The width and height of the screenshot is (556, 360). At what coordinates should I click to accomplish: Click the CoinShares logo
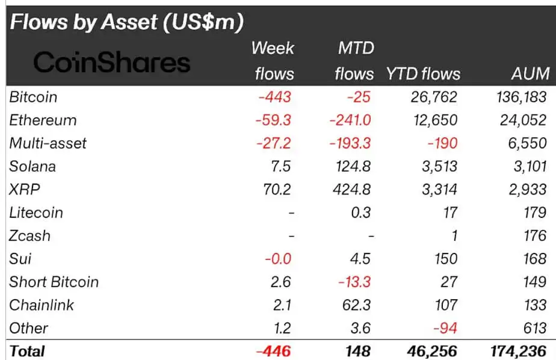tap(111, 62)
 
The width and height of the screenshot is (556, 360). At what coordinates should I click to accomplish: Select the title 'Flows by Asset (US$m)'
tap(126, 22)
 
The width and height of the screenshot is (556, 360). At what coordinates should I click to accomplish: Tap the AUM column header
tap(529, 73)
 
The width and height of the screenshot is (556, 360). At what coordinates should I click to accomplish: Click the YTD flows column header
tap(422, 73)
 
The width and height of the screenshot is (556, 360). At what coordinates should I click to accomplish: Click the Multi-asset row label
tap(48, 143)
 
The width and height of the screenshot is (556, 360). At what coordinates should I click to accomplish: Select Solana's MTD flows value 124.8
tap(352, 166)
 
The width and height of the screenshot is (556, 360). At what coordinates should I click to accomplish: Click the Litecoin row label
tap(36, 213)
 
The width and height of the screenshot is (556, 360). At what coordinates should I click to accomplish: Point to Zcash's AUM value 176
tap(534, 235)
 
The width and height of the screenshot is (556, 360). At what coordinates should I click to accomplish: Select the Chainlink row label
tap(42, 305)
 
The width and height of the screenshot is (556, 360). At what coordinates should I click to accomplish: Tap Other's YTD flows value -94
tap(444, 328)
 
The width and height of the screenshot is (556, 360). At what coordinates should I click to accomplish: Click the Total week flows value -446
tap(274, 351)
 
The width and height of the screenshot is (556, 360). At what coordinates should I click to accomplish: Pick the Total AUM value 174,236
tap(517, 351)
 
